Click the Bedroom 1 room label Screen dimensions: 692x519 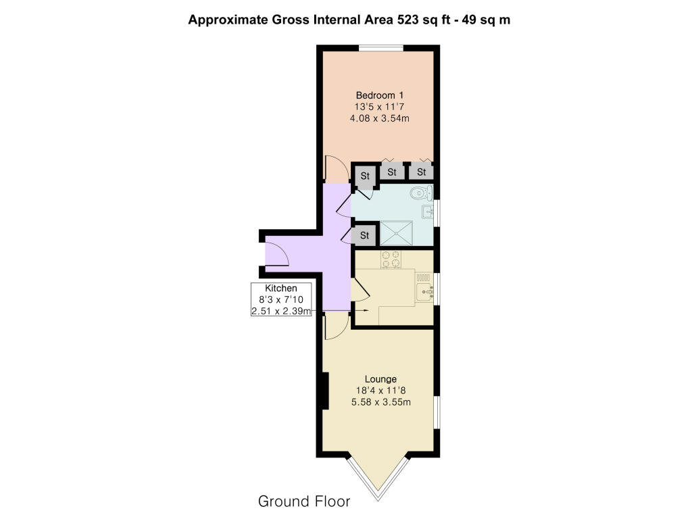(x=380, y=95)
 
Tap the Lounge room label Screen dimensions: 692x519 (x=380, y=379)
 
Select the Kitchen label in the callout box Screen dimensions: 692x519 (x=281, y=288)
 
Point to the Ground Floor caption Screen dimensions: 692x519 (x=304, y=501)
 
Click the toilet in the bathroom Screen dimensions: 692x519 (x=421, y=193)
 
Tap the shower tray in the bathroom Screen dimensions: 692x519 (x=397, y=233)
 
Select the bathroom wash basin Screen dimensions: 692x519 (x=428, y=212)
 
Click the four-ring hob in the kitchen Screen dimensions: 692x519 (x=391, y=259)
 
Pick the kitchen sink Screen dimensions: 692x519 (x=424, y=292)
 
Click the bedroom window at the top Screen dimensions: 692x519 (x=380, y=48)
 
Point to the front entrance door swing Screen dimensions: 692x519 (x=276, y=255)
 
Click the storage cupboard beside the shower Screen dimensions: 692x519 (x=364, y=236)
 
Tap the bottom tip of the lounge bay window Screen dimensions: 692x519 (x=378, y=501)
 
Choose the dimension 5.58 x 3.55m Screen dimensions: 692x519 (x=381, y=402)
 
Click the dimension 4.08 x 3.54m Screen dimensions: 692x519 (x=380, y=118)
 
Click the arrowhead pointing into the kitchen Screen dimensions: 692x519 (x=366, y=311)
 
